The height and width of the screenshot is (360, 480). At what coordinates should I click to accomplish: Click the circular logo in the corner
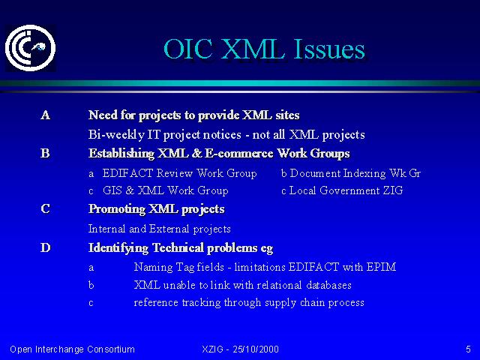30,48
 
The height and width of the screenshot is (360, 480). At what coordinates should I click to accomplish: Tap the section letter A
45,115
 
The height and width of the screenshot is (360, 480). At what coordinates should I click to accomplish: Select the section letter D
45,247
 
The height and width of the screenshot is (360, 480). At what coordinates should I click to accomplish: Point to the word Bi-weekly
116,135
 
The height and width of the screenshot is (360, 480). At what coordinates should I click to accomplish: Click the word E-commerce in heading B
238,153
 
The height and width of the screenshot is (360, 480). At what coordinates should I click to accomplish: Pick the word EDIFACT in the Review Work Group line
127,173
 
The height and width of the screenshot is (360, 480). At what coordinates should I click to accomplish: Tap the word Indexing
364,173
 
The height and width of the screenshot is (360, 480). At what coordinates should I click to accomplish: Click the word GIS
112,190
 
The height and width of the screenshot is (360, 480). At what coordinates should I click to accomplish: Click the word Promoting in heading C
117,209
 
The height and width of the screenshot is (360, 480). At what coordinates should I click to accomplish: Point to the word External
169,229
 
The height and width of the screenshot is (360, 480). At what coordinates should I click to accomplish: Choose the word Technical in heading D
178,247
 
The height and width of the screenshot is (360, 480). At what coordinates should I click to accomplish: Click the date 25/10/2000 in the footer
256,349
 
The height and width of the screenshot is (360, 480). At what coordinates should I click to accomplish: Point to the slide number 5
468,349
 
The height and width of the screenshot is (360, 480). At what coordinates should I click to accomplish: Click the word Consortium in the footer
111,349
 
